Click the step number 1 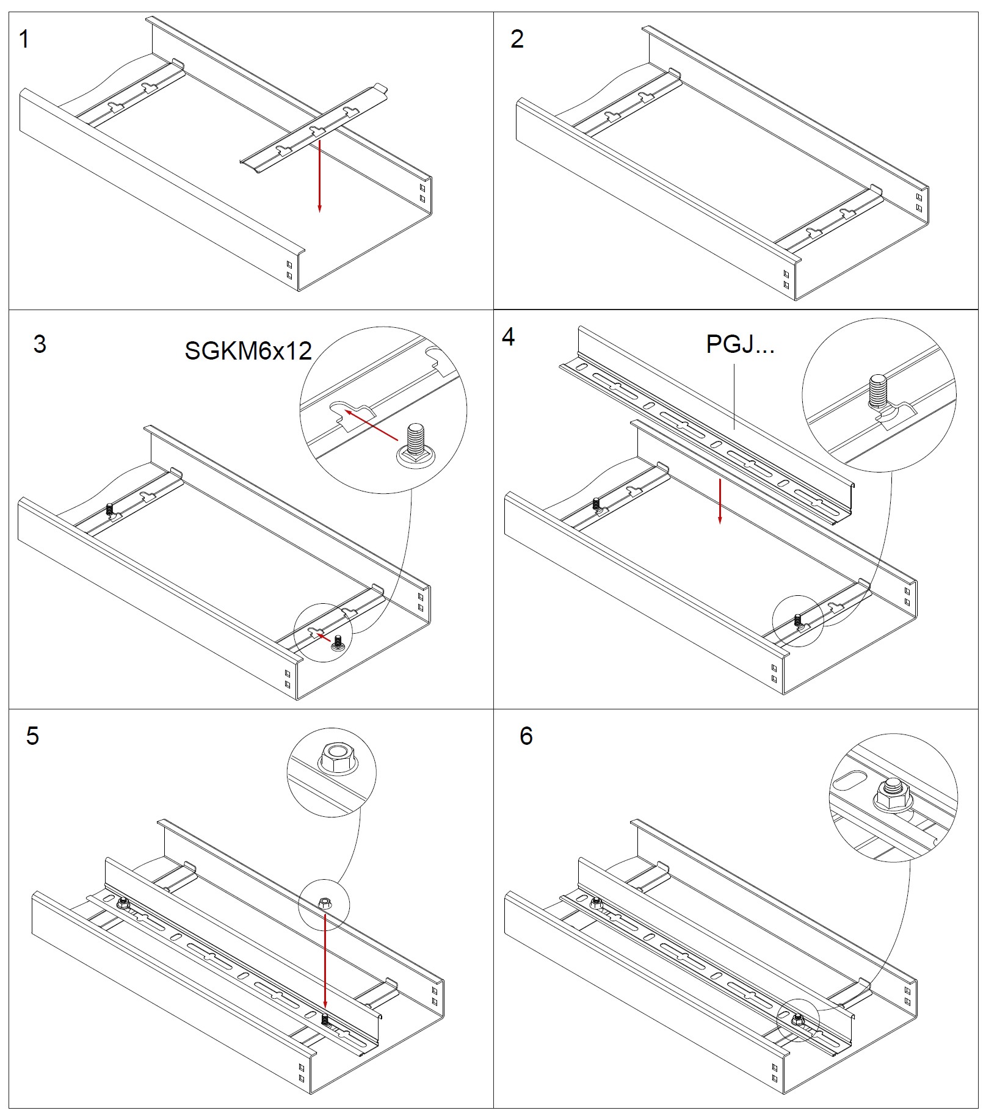click(x=24, y=39)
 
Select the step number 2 click(x=517, y=39)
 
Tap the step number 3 click(x=40, y=344)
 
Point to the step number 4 click(x=508, y=336)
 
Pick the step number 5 click(x=32, y=736)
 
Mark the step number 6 click(x=526, y=736)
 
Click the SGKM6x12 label click(x=248, y=350)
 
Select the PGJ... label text click(x=740, y=344)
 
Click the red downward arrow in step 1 click(x=319, y=176)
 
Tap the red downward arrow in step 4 click(x=720, y=501)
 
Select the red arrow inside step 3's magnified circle click(x=372, y=425)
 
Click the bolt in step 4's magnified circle click(x=879, y=393)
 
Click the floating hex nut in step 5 click(x=325, y=902)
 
